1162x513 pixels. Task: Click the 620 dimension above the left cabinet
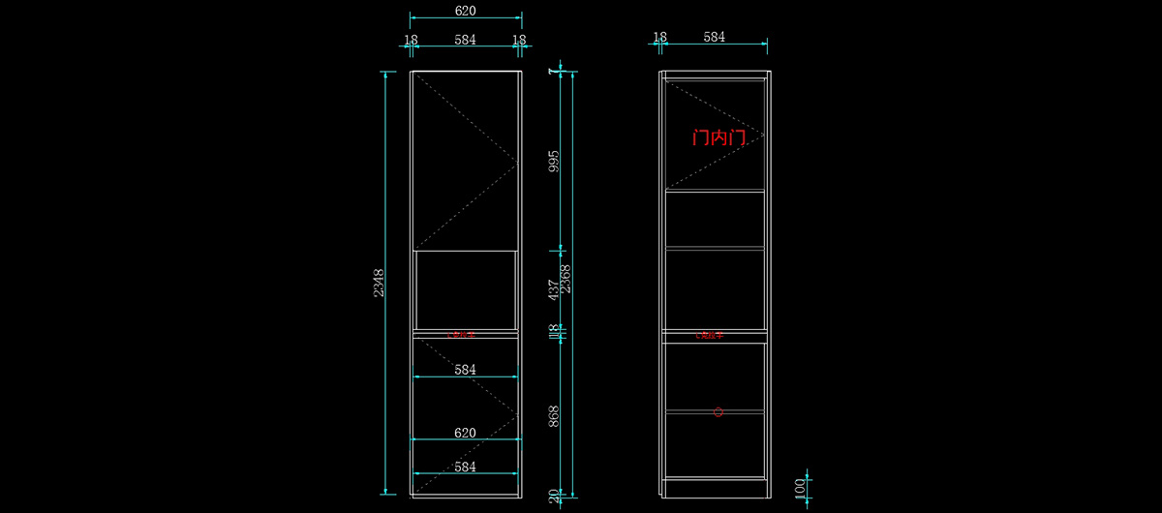pyautogui.click(x=465, y=10)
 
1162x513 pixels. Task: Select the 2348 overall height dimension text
pyautogui.click(x=380, y=284)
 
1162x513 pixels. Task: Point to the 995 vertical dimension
pyautogui.click(x=554, y=161)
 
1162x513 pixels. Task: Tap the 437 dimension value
pyautogui.click(x=554, y=288)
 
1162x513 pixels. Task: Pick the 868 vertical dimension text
pyautogui.click(x=554, y=417)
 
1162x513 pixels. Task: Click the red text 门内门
pyautogui.click(x=719, y=138)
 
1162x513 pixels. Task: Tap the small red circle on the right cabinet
pyautogui.click(x=719, y=412)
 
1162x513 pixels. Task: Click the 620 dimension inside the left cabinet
pyautogui.click(x=465, y=433)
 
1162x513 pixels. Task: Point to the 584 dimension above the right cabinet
pyautogui.click(x=714, y=37)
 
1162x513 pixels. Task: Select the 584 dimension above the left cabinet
pyautogui.click(x=465, y=40)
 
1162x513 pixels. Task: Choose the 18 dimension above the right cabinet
pyautogui.click(x=659, y=37)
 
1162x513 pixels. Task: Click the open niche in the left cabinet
pyautogui.click(x=465, y=289)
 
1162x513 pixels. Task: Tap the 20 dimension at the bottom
pyautogui.click(x=554, y=497)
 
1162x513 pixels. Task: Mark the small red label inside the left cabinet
pyautogui.click(x=461, y=335)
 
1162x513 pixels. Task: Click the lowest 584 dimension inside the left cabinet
pyautogui.click(x=465, y=467)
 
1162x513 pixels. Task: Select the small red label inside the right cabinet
pyautogui.click(x=710, y=335)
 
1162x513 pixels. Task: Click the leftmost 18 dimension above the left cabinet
pyautogui.click(x=411, y=40)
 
